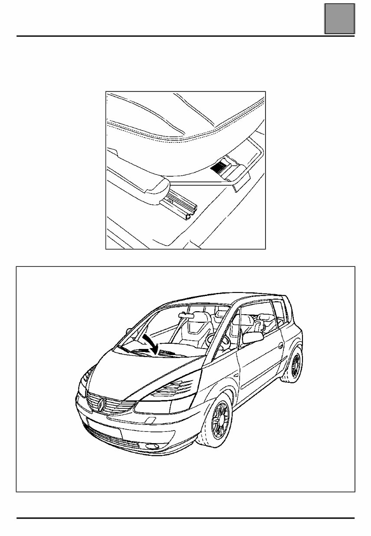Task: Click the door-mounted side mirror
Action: coord(253,337)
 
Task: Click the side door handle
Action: coord(281,346)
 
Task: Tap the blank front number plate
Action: coord(104,428)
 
